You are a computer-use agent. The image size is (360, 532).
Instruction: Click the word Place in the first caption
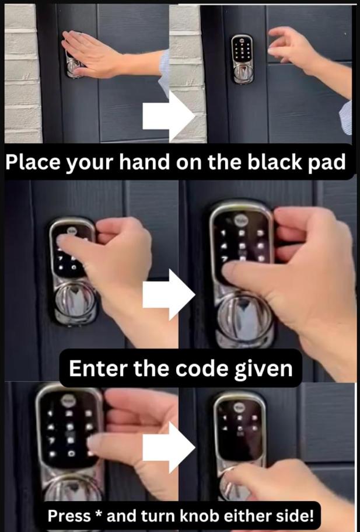33,162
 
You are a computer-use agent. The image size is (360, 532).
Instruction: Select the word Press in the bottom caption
69,516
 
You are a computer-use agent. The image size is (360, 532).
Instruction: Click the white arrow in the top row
169,116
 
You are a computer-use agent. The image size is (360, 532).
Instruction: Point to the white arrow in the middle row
169,294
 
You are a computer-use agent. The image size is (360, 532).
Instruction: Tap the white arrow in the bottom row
169,447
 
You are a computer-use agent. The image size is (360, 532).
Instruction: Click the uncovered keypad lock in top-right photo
242,58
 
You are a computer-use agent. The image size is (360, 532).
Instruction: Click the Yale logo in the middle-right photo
244,221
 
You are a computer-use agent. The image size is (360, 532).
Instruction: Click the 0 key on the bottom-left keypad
71,454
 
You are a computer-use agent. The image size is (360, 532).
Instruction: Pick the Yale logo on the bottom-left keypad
66,401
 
